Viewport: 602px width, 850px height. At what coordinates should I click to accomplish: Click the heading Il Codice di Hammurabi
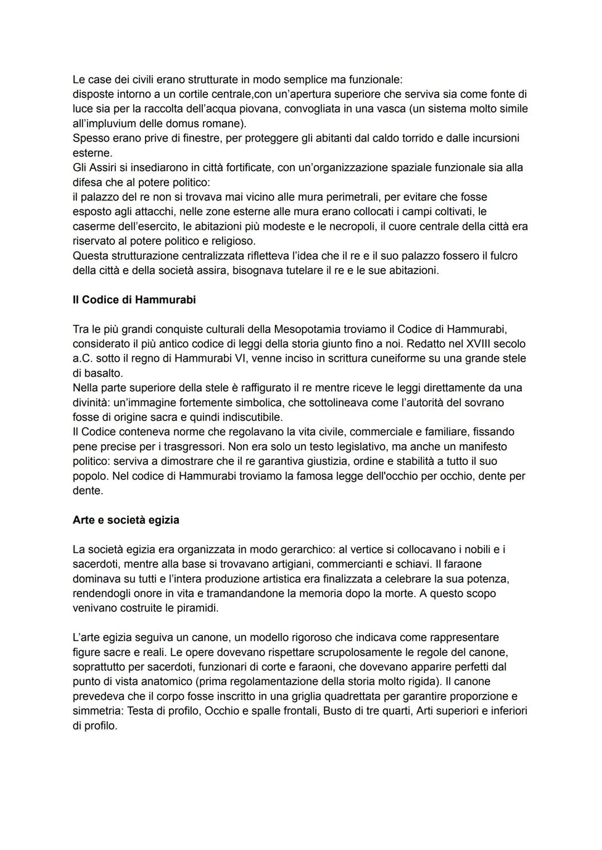(x=134, y=300)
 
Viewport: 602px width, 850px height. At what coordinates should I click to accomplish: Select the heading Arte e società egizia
(x=126, y=520)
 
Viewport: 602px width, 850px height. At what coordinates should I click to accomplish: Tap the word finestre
(x=201, y=138)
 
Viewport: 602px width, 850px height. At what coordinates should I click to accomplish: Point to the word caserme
(x=91, y=226)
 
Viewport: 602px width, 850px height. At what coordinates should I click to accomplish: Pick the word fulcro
(x=502, y=256)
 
